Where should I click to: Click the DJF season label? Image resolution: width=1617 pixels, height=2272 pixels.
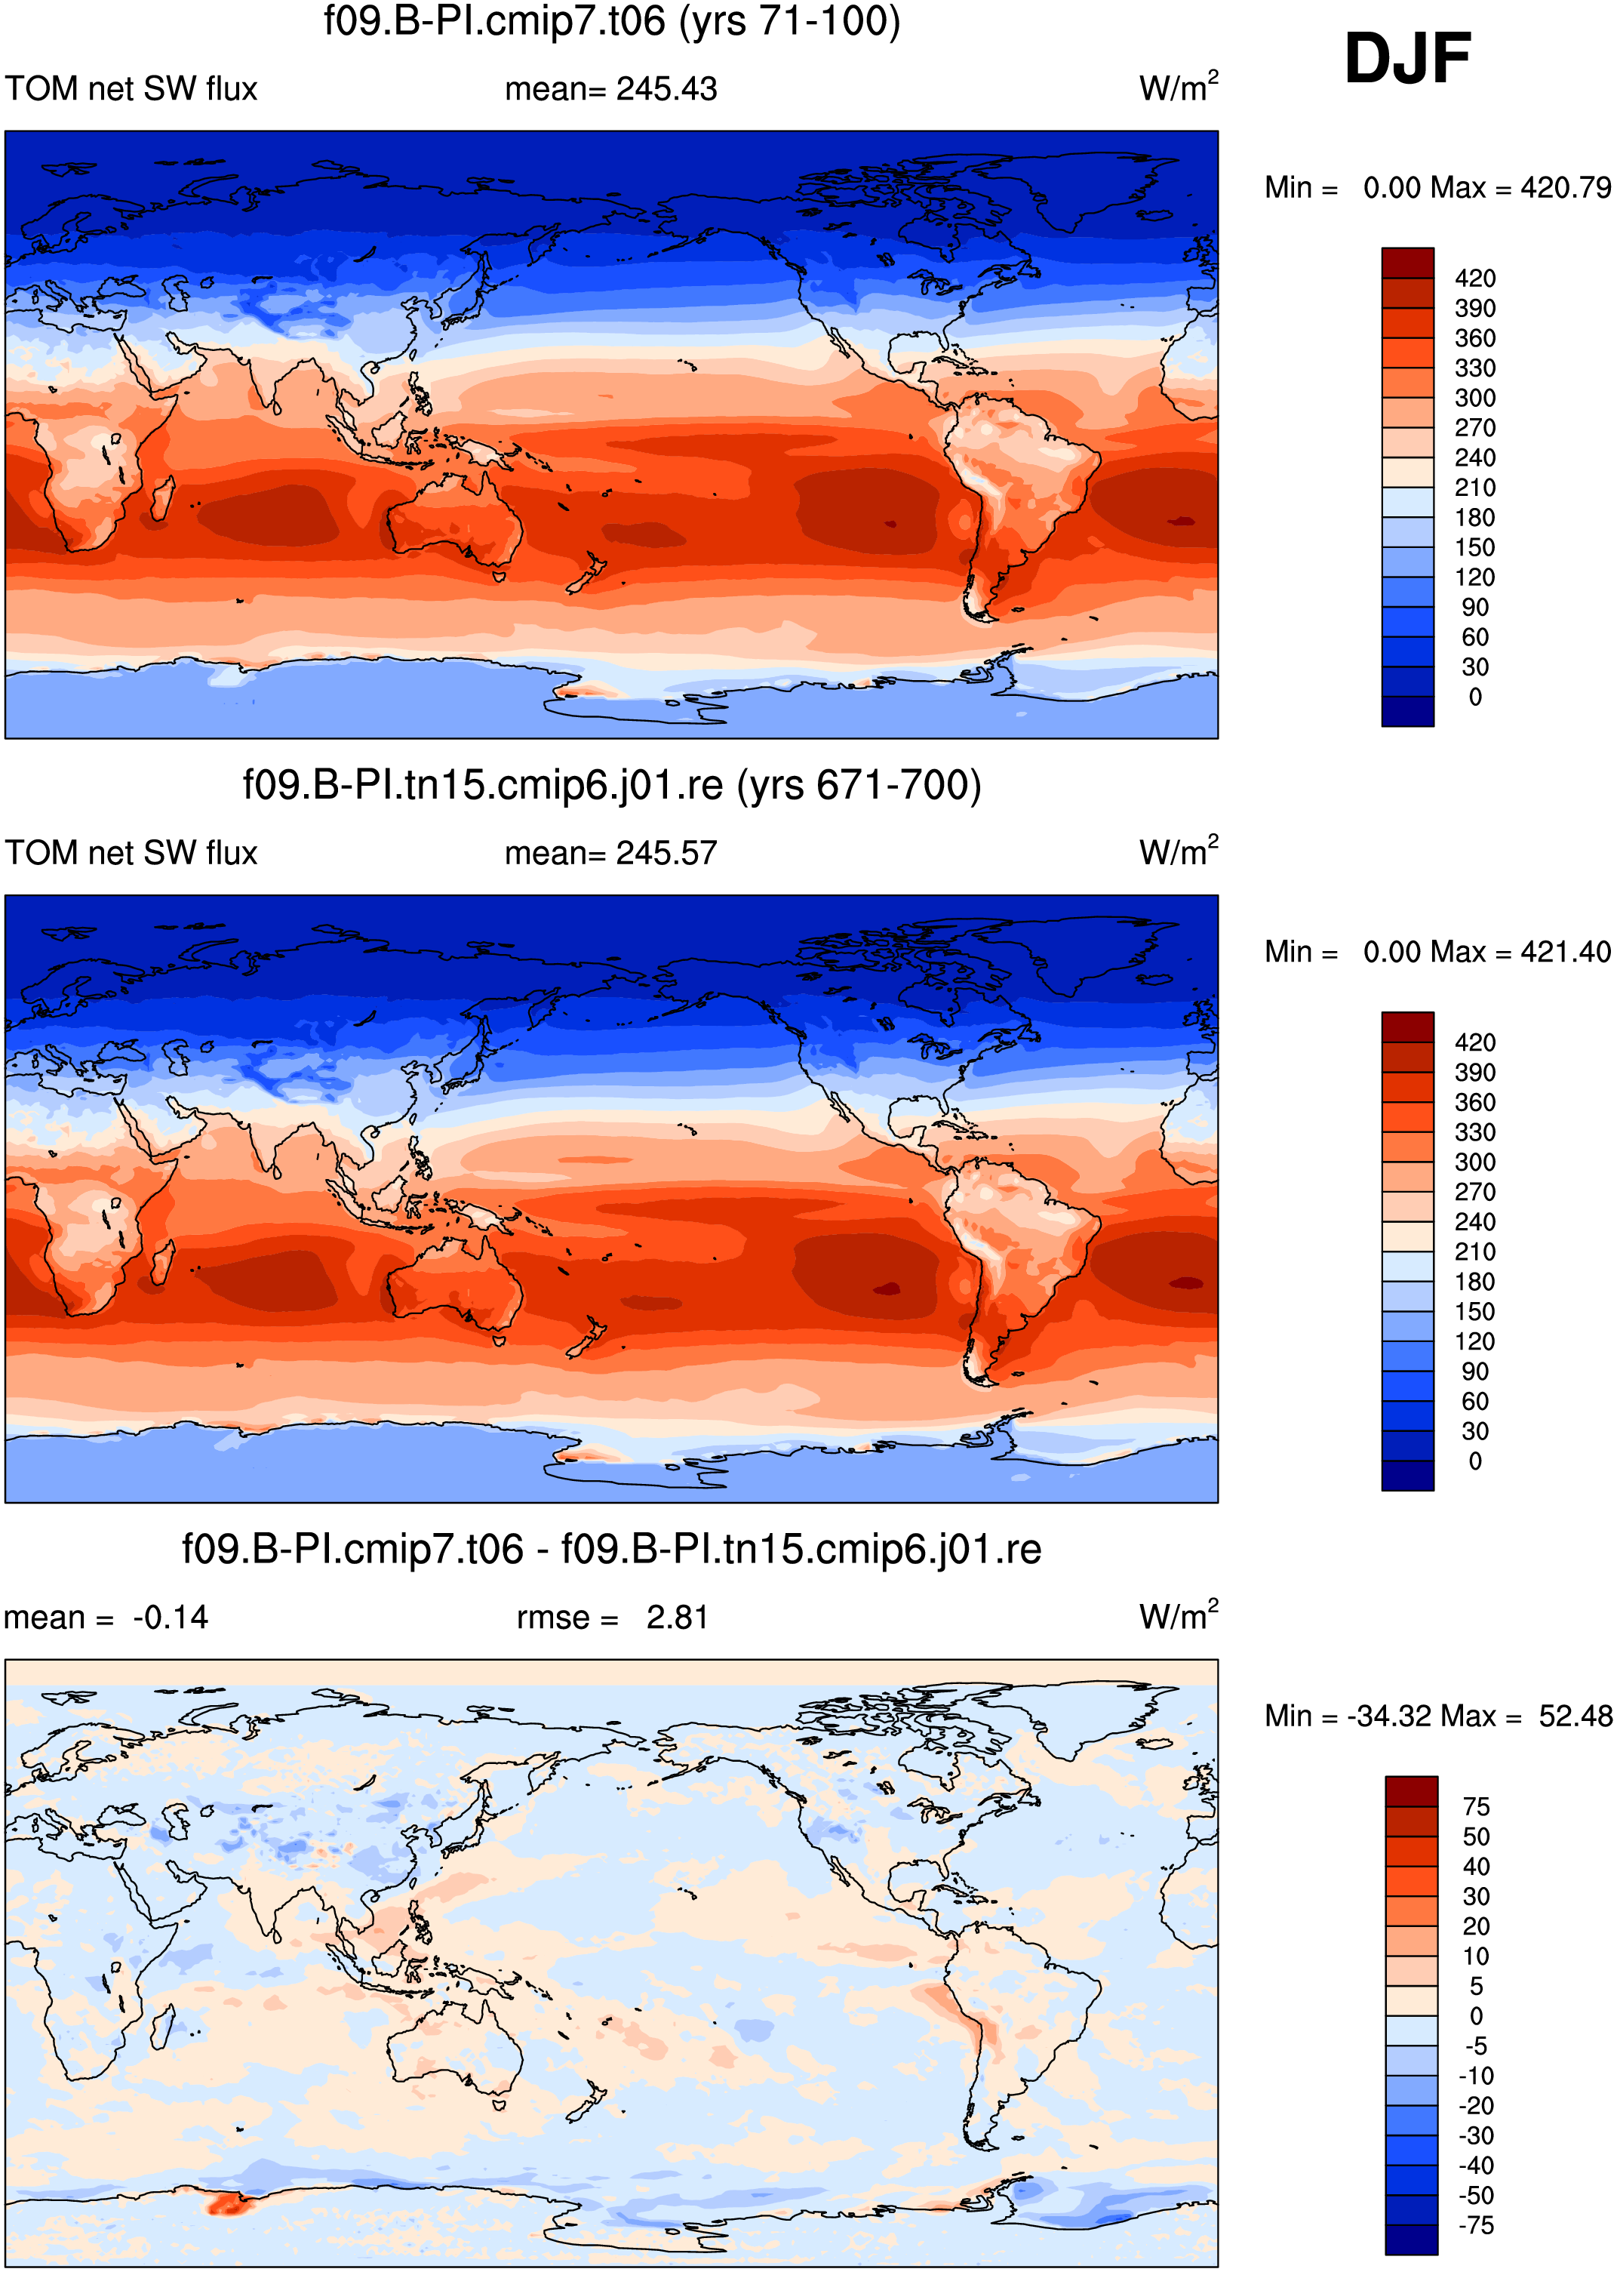pyautogui.click(x=1407, y=58)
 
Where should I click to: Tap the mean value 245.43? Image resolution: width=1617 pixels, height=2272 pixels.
pyautogui.click(x=666, y=88)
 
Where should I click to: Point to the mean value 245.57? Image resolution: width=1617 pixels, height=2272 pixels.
pyautogui.click(x=666, y=853)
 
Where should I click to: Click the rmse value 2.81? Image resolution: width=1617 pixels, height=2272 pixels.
pyautogui.click(x=677, y=1617)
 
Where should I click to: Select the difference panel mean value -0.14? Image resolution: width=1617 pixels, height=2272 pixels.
pyautogui.click(x=171, y=1617)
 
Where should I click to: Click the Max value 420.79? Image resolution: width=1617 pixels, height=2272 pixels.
pyautogui.click(x=1565, y=187)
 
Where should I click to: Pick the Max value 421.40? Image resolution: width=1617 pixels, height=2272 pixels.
pyautogui.click(x=1565, y=951)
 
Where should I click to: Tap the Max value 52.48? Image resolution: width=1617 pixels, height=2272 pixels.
pyautogui.click(x=1575, y=1715)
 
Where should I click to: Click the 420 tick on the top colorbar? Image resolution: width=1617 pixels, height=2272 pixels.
pyautogui.click(x=1474, y=278)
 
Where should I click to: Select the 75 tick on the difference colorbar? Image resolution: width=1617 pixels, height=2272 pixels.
pyautogui.click(x=1476, y=1806)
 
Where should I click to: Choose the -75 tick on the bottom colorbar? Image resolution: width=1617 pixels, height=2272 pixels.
pyautogui.click(x=1476, y=2224)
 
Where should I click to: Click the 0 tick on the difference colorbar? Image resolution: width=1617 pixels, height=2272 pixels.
pyautogui.click(x=1476, y=2015)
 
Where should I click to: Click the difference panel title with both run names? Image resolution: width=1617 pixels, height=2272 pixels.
pyautogui.click(x=611, y=1549)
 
